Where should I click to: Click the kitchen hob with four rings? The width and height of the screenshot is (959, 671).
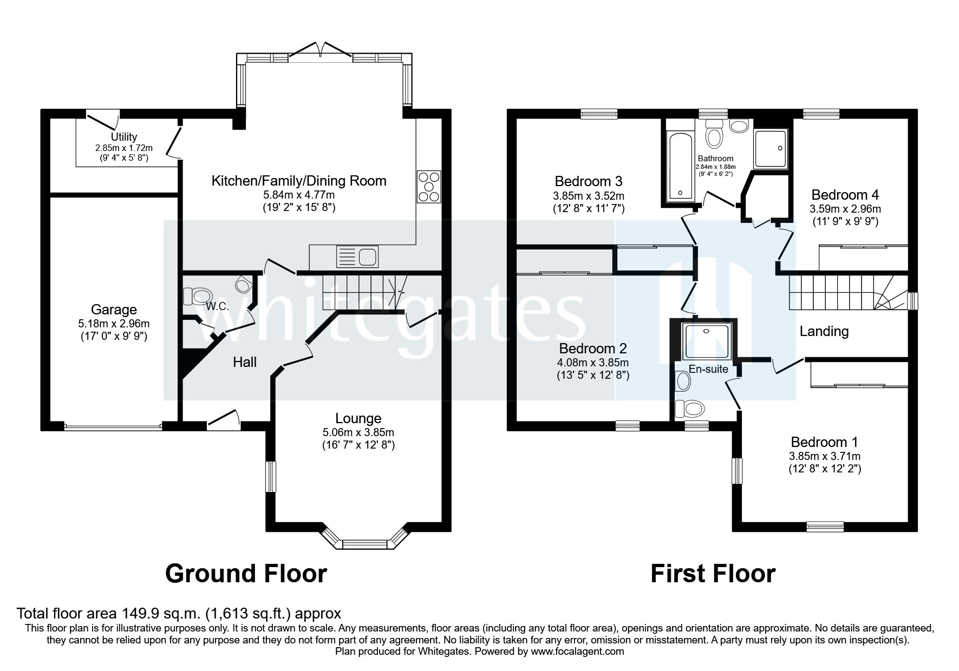(x=429, y=187)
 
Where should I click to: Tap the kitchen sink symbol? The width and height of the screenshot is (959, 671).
(x=357, y=256)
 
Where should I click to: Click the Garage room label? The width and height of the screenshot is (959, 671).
(x=114, y=310)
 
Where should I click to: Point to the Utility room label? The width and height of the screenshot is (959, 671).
(x=124, y=137)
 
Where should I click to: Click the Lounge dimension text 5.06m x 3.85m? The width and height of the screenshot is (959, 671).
(x=358, y=432)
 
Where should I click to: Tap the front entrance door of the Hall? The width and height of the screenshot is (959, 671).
(x=223, y=419)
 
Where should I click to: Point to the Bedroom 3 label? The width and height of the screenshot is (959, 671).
(x=589, y=181)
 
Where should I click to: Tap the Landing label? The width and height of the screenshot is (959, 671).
(x=824, y=331)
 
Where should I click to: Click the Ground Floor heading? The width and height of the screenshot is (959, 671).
(x=246, y=573)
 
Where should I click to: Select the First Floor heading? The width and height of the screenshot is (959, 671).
(x=713, y=573)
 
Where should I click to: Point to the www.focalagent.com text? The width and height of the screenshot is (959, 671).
(x=577, y=652)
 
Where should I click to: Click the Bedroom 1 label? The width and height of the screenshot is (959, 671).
(x=824, y=442)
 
